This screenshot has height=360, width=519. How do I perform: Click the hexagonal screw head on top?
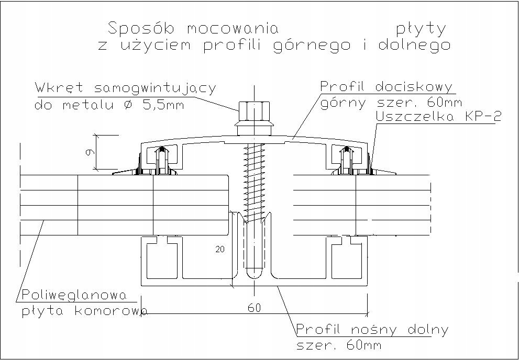pyautogui.click(x=253, y=111)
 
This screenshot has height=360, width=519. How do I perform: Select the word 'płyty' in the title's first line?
pyautogui.click(x=421, y=28)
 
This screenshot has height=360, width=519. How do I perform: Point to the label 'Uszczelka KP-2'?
pyautogui.click(x=438, y=117)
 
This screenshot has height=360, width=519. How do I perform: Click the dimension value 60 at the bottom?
pyautogui.click(x=254, y=308)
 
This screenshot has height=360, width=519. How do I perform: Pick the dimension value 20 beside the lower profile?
pyautogui.click(x=220, y=250)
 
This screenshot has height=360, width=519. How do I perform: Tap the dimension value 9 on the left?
pyautogui.click(x=90, y=152)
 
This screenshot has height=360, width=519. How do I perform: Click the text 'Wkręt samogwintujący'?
pyautogui.click(x=125, y=88)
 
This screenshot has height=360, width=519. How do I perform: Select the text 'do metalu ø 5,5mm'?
pyautogui.click(x=108, y=105)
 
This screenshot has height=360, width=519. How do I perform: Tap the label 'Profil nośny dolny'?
pyautogui.click(x=372, y=330)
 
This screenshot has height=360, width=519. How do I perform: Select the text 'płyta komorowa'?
pyautogui.click(x=84, y=312)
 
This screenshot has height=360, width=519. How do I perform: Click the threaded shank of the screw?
pyautogui.click(x=254, y=178)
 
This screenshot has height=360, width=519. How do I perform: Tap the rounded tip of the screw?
pyautogui.click(x=254, y=274)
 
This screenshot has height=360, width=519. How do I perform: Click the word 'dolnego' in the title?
pyautogui.click(x=414, y=45)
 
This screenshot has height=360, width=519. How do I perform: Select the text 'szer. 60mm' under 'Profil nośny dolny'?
pyautogui.click(x=338, y=345)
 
